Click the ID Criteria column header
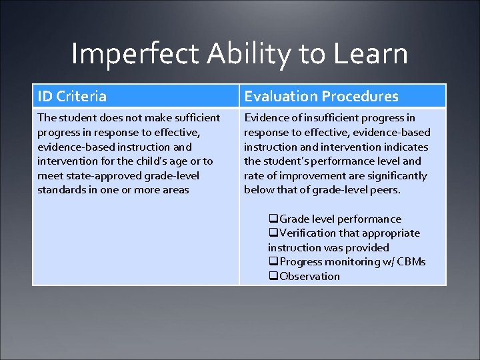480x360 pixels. [72, 97]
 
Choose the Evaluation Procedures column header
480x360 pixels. [321, 97]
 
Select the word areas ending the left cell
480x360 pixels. [175, 190]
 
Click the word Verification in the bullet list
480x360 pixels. [308, 233]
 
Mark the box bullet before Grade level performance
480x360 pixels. [273, 219]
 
